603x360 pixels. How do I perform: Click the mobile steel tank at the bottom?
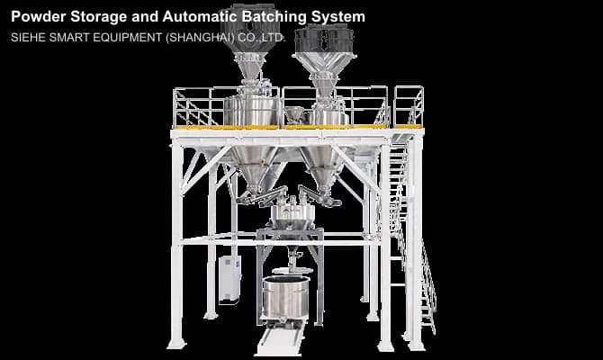click(286, 298)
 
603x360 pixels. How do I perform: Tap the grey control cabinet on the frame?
click(229, 279)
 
